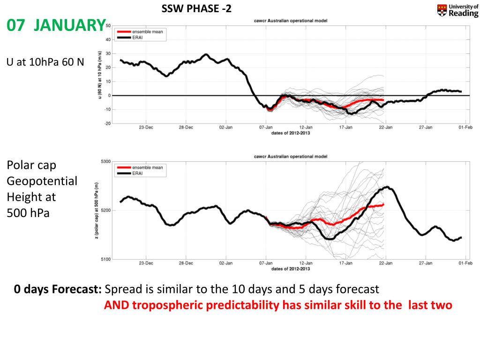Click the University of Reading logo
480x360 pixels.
pyautogui.click(x=457, y=10)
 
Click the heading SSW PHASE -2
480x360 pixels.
pyautogui.click(x=196, y=9)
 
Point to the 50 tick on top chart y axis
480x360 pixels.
pyautogui.click(x=108, y=26)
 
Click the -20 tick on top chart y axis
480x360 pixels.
pyautogui.click(x=107, y=124)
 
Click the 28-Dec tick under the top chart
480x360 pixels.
pyautogui.click(x=186, y=127)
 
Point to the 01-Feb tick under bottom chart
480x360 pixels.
pyautogui.click(x=465, y=263)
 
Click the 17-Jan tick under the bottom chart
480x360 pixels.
pyautogui.click(x=345, y=263)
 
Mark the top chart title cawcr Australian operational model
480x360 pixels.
pyautogui.click(x=290, y=21)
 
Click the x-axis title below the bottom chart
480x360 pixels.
pyautogui.click(x=290, y=269)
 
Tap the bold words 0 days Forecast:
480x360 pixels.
pyautogui.click(x=58, y=289)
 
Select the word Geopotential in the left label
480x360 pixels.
pyautogui.click(x=42, y=181)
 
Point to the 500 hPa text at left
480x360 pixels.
pyautogui.click(x=28, y=213)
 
